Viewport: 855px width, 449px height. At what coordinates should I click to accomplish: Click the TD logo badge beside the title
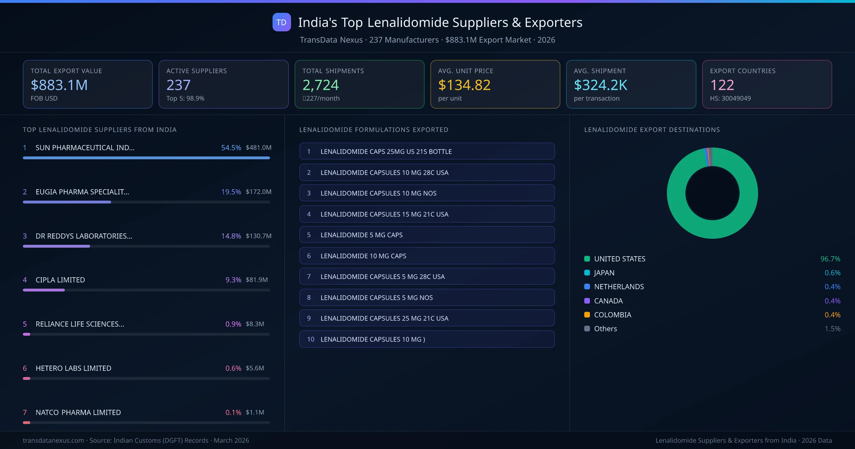281,22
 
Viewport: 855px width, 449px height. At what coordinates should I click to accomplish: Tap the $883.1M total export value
59,85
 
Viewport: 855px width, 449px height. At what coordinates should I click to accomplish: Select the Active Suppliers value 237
178,85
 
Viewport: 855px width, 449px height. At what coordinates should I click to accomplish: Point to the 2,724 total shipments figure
320,85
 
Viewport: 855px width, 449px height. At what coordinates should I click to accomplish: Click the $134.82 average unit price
464,85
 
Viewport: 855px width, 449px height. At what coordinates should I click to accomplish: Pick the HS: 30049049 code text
730,98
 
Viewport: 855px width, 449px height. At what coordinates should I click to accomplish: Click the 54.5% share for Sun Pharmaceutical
231,148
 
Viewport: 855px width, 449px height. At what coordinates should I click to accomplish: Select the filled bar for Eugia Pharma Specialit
67,202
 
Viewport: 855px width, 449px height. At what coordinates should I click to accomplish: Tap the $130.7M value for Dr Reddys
258,236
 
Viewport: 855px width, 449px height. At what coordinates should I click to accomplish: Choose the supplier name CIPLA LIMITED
60,280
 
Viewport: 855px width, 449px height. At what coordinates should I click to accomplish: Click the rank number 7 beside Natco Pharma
25,412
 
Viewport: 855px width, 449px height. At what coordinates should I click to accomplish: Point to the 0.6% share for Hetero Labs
233,368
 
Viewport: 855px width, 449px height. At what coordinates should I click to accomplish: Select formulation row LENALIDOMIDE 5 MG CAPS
361,235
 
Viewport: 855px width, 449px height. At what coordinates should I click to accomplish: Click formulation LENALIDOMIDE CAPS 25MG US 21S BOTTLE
386,151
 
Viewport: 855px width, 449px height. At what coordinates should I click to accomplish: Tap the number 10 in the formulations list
311,339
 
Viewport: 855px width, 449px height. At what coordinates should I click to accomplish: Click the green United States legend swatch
587,259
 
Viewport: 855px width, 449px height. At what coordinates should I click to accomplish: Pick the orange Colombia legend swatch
587,315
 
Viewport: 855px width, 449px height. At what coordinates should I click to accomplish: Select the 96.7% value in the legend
830,259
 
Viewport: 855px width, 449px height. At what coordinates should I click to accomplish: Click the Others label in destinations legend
605,329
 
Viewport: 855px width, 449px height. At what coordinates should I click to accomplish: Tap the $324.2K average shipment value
600,85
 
